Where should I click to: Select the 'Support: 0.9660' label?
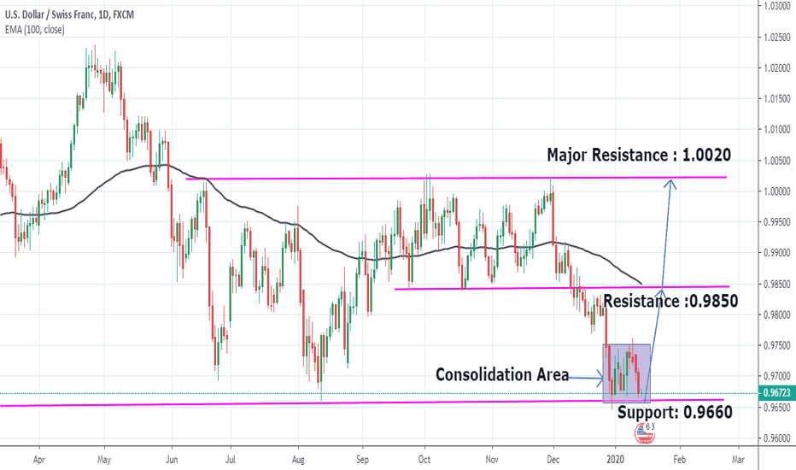tap(674, 411)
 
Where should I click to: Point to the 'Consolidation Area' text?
tap(501, 374)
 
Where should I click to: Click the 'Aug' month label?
tap(297, 459)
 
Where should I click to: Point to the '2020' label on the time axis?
tap(615, 459)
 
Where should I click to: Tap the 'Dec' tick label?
tap(553, 459)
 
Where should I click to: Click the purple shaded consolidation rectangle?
tap(627, 373)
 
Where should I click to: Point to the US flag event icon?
tap(643, 433)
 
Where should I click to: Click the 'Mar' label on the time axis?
tap(739, 459)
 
